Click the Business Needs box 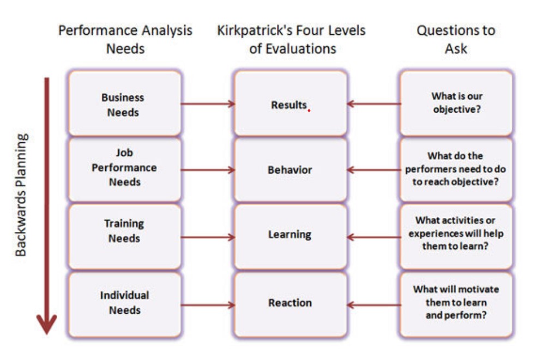124,104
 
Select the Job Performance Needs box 124,169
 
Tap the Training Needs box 124,236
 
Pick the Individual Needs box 124,304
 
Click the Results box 290,104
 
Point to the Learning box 290,236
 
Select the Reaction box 290,304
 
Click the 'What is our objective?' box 456,104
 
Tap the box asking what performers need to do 456,169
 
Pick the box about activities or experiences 456,236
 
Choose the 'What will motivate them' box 456,304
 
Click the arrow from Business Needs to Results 207,103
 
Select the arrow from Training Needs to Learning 207,237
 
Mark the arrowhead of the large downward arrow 47,324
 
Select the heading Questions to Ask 456,39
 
